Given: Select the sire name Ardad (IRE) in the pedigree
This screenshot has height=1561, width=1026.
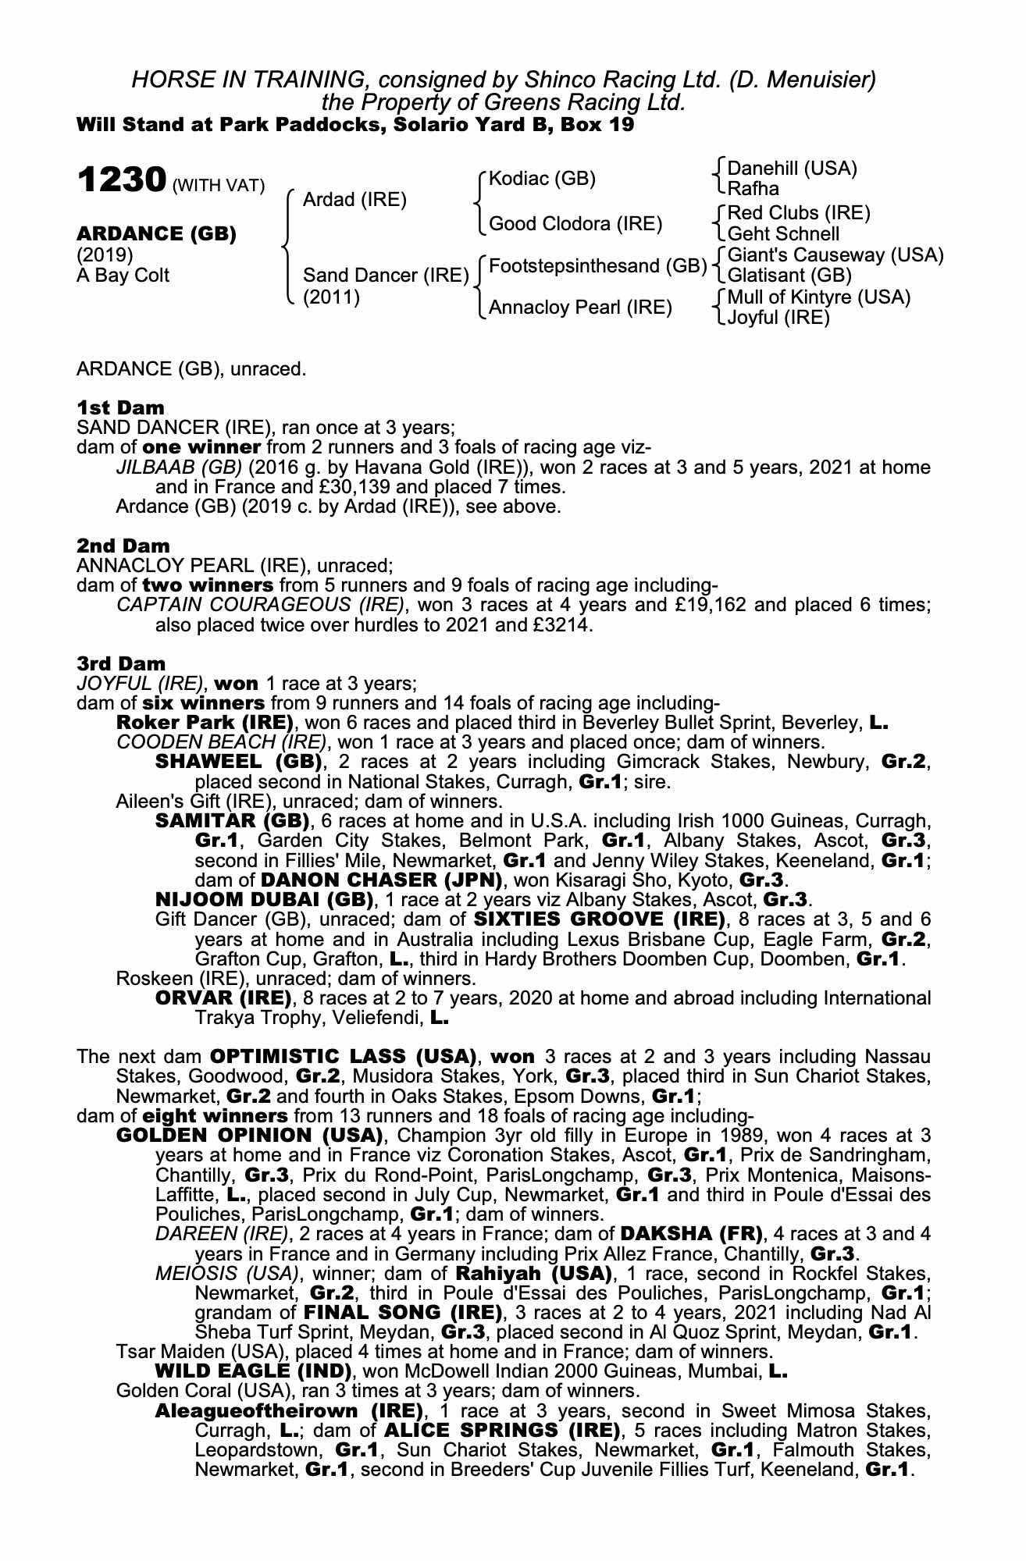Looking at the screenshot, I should tap(354, 200).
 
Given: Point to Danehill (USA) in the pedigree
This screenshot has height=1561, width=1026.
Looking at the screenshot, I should tap(792, 169).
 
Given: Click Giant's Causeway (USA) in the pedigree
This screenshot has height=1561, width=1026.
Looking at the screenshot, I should tap(835, 255).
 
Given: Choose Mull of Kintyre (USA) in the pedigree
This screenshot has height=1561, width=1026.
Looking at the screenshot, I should tap(818, 297).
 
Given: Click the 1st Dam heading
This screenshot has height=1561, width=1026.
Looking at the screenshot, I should tap(120, 407).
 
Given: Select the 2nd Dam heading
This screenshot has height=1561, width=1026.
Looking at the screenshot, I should tap(123, 546).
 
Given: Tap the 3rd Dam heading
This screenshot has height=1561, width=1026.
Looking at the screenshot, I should tap(122, 663).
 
